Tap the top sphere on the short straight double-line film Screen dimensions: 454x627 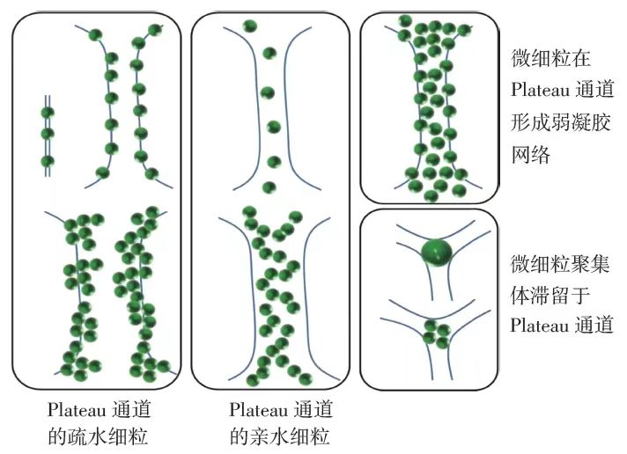pyautogui.click(x=48, y=112)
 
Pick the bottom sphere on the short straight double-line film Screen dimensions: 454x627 pyautogui.click(x=48, y=161)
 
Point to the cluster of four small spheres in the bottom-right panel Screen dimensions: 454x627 pyautogui.click(x=433, y=332)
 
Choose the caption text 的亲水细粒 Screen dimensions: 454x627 pyautogui.click(x=279, y=436)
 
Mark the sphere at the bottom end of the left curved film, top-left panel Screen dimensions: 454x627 pyautogui.click(x=103, y=172)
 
